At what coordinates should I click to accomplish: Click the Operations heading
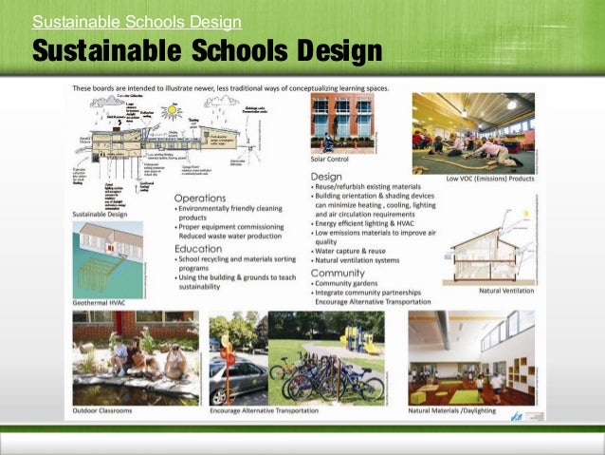[199, 199]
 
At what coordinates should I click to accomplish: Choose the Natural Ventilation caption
[506, 291]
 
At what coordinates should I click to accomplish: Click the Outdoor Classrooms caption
[102, 411]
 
